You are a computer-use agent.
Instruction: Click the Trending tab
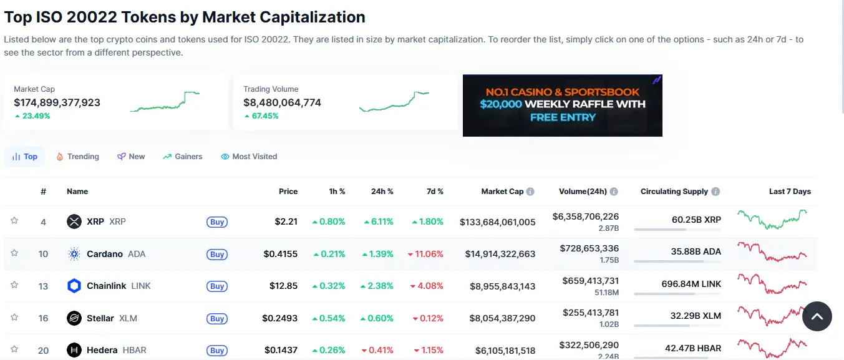point(78,157)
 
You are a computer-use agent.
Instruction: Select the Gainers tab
point(183,157)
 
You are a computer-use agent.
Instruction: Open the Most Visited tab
point(249,157)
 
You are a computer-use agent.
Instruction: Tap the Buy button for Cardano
point(217,254)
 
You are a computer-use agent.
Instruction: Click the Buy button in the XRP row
point(217,221)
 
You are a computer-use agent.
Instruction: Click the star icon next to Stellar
point(14,317)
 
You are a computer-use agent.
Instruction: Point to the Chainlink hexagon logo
point(74,286)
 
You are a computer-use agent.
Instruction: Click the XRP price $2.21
point(286,221)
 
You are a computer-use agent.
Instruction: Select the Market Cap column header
point(502,192)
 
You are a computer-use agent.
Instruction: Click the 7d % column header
point(435,192)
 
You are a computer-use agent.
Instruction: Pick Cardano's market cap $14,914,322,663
point(500,254)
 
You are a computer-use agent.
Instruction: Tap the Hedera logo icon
point(74,350)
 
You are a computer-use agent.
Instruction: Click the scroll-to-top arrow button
point(817,317)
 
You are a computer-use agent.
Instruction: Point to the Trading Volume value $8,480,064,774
point(282,102)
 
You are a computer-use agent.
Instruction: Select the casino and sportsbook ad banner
point(562,105)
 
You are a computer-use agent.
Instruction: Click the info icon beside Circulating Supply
point(715,192)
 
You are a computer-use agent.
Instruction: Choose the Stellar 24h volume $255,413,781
point(590,313)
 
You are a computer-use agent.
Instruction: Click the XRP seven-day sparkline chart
point(772,220)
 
